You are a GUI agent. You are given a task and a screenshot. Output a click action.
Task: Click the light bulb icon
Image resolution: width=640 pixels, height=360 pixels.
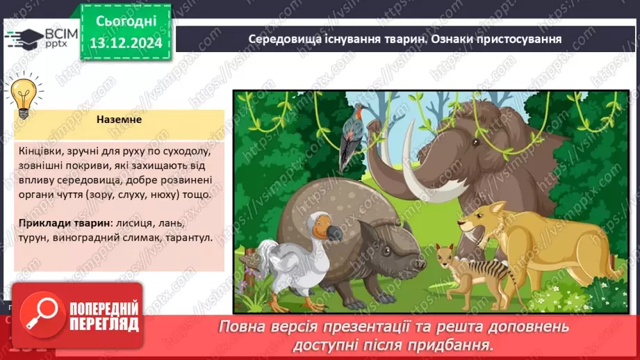[24, 98]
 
